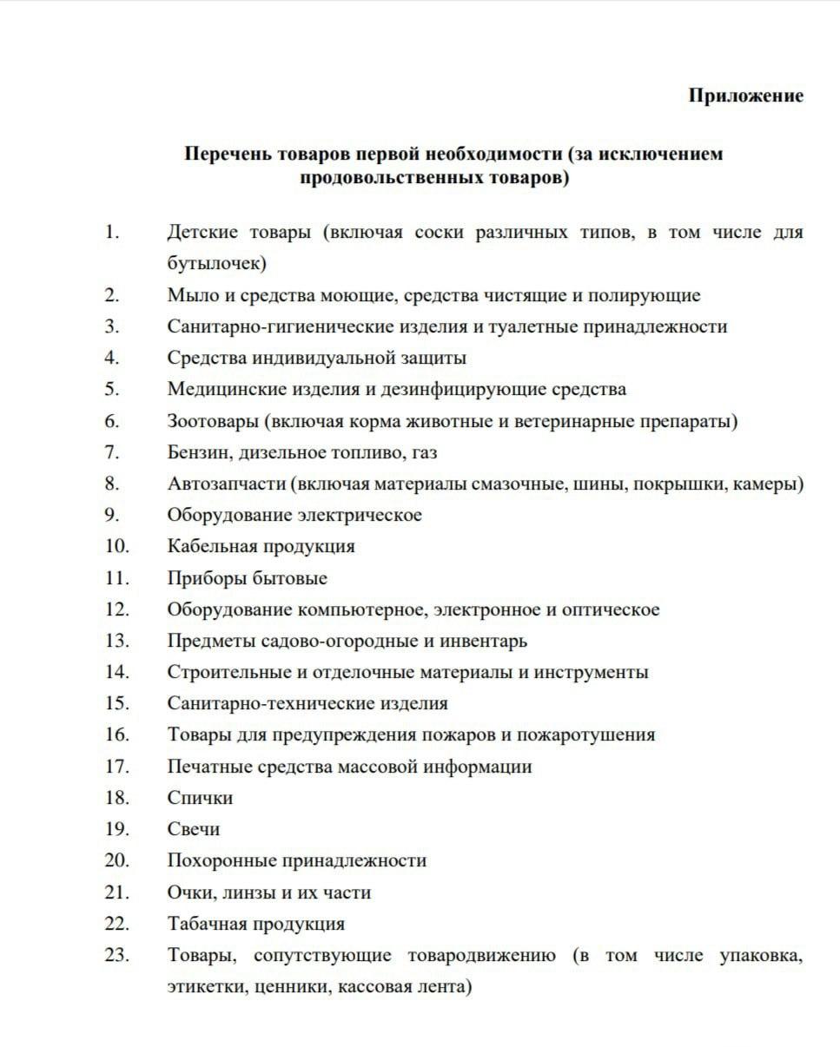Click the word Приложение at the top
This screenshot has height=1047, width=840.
[745, 95]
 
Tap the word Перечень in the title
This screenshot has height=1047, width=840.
[227, 155]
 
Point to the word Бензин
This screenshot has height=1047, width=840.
[197, 452]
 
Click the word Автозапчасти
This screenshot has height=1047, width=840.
[227, 484]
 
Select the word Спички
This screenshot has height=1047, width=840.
[200, 798]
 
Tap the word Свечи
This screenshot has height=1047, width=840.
[194, 829]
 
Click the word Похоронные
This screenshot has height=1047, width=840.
[222, 860]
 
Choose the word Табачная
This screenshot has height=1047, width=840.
[208, 924]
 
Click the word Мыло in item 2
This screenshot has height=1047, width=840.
[189, 295]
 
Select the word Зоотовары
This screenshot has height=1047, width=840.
[213, 421]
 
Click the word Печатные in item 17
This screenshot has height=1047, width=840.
[206, 767]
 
